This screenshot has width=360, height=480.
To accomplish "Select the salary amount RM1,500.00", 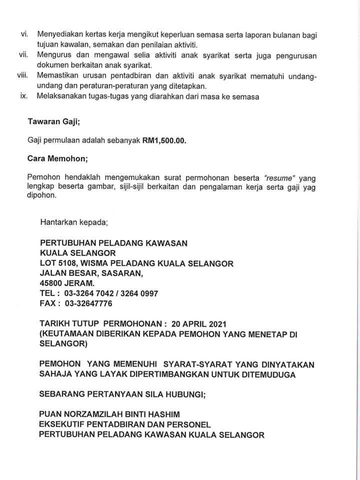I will point(164,140).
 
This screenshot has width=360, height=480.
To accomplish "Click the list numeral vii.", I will point(23,55).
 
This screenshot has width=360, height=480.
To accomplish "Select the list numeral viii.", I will point(22,75).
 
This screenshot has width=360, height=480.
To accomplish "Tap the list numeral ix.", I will point(23,96).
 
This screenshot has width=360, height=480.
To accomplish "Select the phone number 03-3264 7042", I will point(89,293).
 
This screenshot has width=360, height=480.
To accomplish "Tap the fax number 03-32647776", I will point(88,303).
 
